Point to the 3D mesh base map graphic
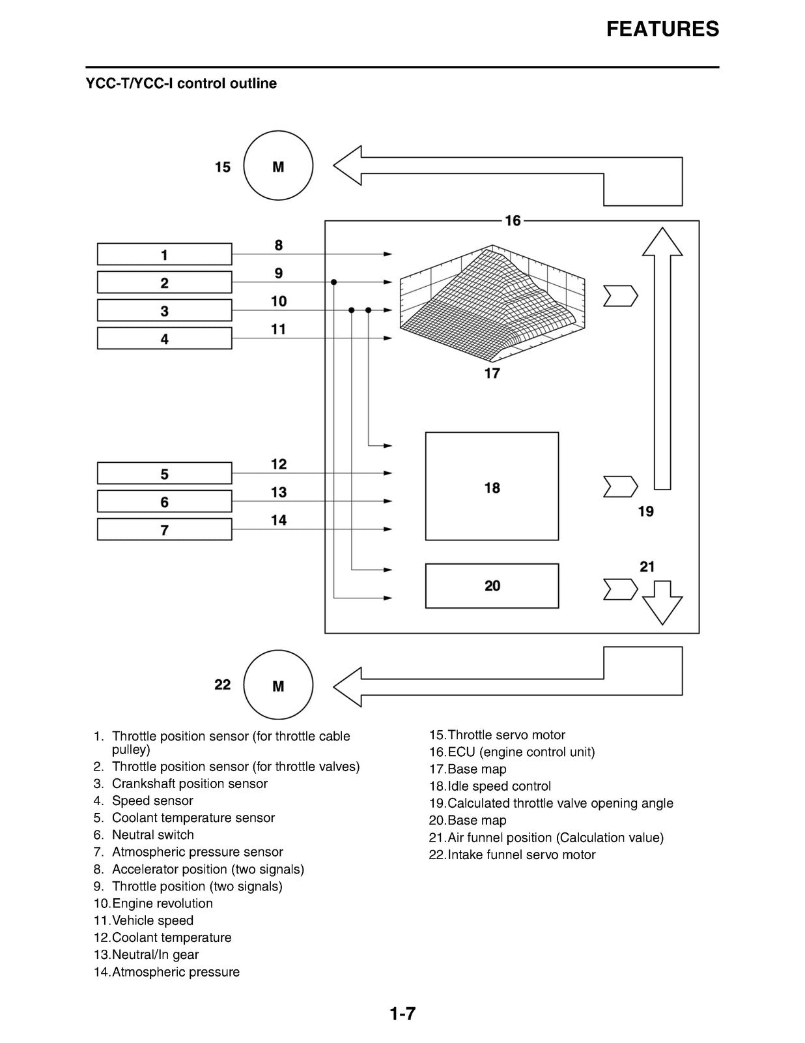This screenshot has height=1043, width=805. tap(492, 303)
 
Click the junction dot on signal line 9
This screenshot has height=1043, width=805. tap(333, 282)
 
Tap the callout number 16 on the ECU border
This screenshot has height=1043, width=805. tap(513, 221)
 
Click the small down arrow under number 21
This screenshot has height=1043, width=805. tap(662, 603)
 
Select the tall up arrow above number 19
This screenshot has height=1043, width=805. tap(662, 359)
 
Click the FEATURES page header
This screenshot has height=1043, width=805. tap(662, 29)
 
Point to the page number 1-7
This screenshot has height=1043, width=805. tap(402, 1014)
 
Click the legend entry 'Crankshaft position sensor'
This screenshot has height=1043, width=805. tap(190, 784)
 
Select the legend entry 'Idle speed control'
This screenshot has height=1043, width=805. tap(499, 786)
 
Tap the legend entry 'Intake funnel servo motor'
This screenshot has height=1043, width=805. tap(521, 855)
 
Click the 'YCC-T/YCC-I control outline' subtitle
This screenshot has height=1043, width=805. tap(181, 83)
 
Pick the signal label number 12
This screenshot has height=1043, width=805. tap(279, 464)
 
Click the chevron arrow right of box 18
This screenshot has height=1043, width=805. tap(621, 487)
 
